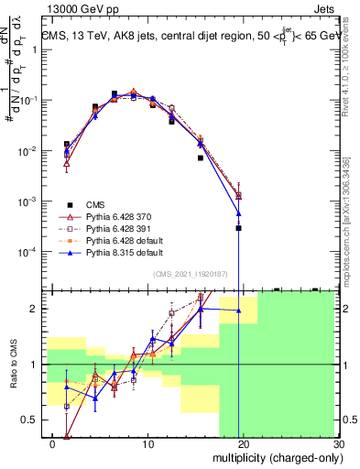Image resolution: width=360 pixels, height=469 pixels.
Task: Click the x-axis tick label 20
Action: point(243,446)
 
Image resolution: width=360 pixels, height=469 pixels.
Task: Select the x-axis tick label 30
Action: point(337,446)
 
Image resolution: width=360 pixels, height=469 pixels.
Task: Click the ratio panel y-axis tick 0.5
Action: point(31,420)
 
